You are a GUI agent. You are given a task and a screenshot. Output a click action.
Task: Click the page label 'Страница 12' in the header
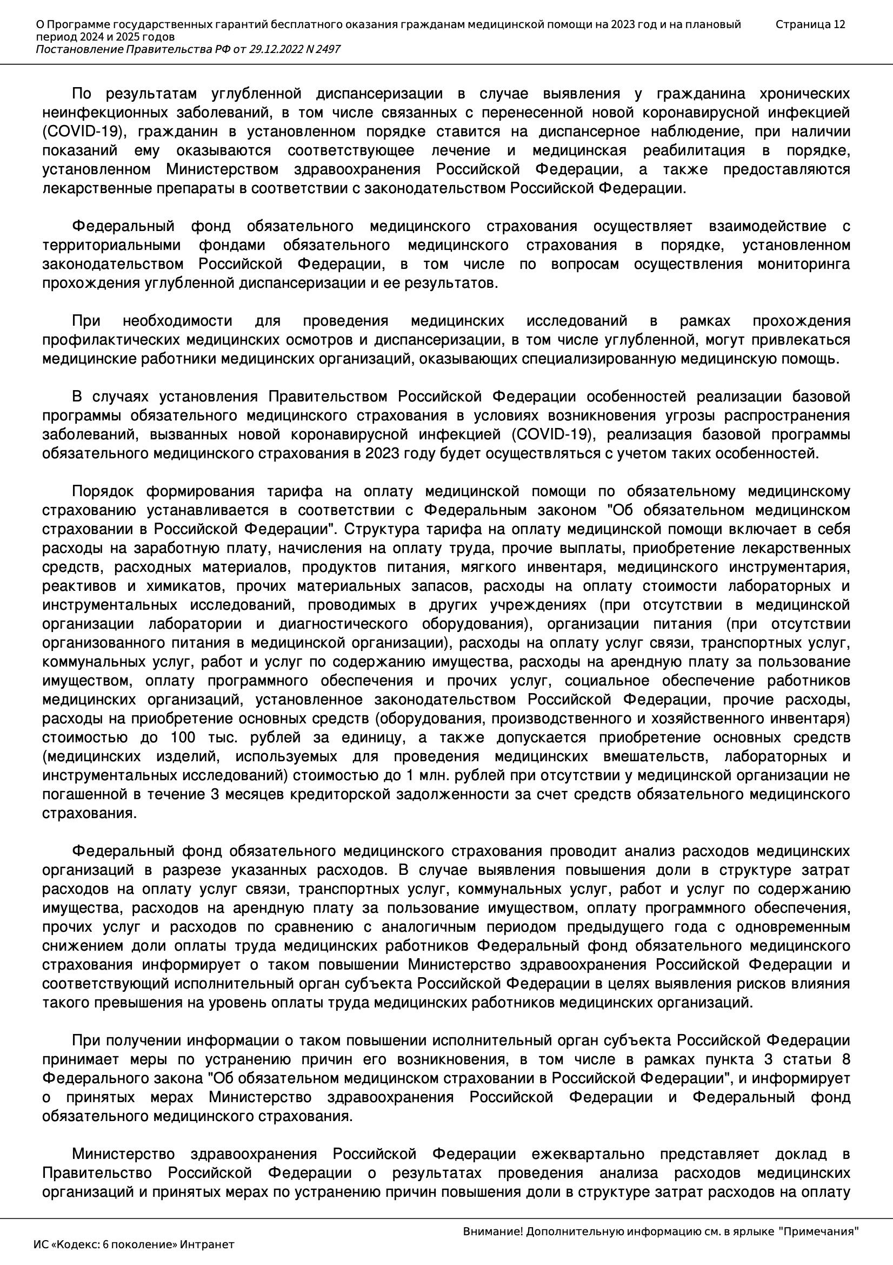point(810,24)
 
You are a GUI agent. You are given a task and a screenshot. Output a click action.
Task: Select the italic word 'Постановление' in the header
point(80,50)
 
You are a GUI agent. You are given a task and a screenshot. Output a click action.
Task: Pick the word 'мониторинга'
point(804,264)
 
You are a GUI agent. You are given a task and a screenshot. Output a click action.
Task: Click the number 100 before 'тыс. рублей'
point(183,737)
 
